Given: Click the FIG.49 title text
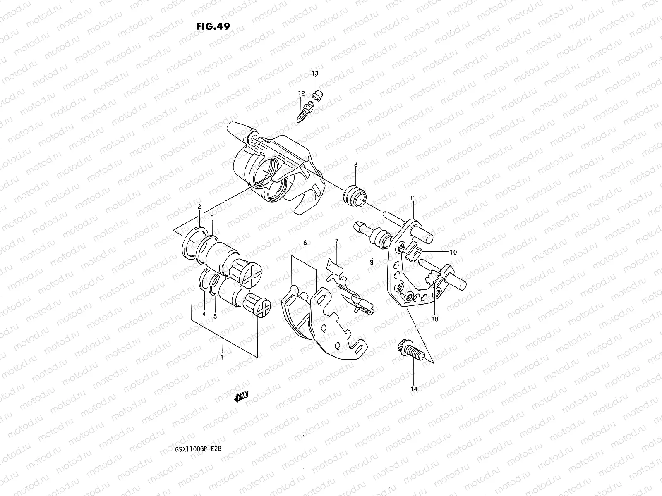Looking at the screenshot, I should pyautogui.click(x=213, y=26).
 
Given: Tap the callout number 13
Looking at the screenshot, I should pyautogui.click(x=315, y=74).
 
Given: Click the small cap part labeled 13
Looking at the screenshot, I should pyautogui.click(x=318, y=96).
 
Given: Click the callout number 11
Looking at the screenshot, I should pyautogui.click(x=413, y=198).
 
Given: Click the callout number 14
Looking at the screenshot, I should pyautogui.click(x=414, y=389).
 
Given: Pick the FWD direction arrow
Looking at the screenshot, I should pyautogui.click(x=241, y=397).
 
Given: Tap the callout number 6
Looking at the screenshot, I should pyautogui.click(x=305, y=243).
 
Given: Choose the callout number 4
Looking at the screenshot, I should pyautogui.click(x=204, y=314).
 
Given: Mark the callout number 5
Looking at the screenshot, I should pyautogui.click(x=215, y=316).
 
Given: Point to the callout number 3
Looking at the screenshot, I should pyautogui.click(x=212, y=217).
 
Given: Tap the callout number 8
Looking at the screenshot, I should pyautogui.click(x=355, y=164).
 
